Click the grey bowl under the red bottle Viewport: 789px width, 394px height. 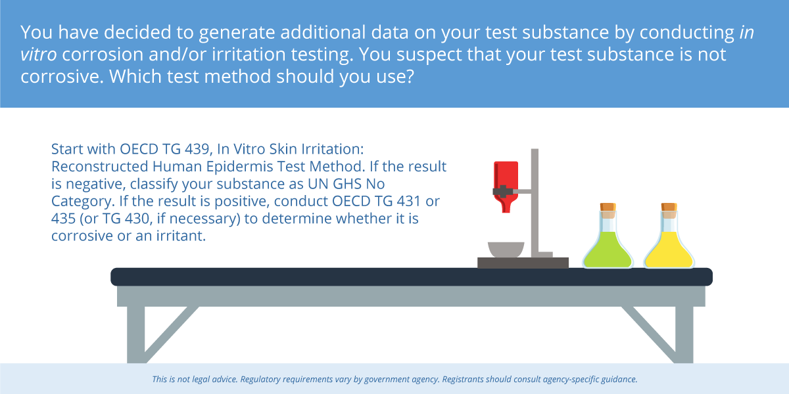[506, 250]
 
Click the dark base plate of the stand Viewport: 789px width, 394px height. [523, 263]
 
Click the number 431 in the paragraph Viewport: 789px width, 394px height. [408, 201]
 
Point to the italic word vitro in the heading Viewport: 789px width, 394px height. [38, 55]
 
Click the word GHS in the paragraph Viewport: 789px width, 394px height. [347, 184]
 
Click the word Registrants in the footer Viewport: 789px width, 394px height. [463, 380]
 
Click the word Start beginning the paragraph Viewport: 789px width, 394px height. [67, 149]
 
